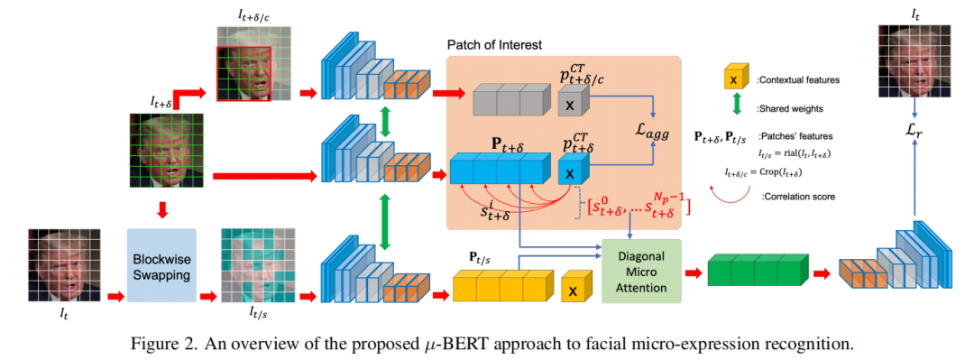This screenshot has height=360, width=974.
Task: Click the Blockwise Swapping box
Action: [162, 265]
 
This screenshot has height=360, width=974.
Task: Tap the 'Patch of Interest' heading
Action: [496, 44]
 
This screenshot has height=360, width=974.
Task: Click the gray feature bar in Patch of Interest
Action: [510, 99]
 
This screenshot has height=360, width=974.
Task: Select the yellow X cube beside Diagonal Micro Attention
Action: [572, 291]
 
